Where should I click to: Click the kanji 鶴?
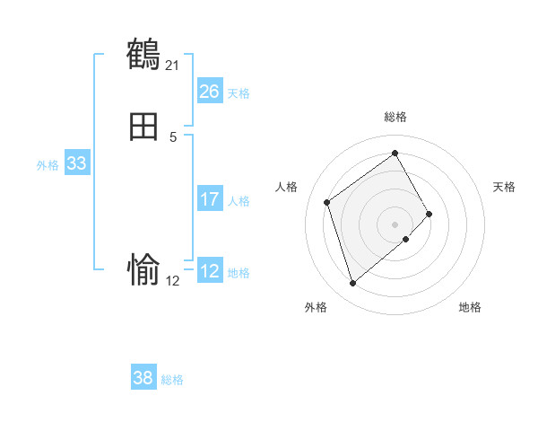click(x=143, y=55)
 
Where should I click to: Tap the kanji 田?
click(x=143, y=127)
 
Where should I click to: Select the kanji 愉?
click(x=143, y=269)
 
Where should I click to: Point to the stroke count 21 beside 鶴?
click(x=172, y=66)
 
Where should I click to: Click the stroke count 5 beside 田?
click(x=173, y=137)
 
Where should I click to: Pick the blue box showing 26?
click(x=209, y=92)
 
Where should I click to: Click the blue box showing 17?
click(x=209, y=199)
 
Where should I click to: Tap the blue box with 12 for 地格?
click(x=209, y=271)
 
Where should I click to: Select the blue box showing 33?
click(x=76, y=163)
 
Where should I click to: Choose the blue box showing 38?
click(x=143, y=378)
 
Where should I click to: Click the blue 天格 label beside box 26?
click(x=239, y=93)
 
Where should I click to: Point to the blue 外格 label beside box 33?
click(x=48, y=165)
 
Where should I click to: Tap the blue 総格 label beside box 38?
click(x=172, y=380)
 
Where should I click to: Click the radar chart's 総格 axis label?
click(x=395, y=117)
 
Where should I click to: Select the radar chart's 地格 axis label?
click(x=470, y=308)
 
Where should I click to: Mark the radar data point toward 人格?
click(x=327, y=202)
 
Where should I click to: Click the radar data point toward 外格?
click(x=352, y=284)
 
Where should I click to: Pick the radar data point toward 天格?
click(x=430, y=214)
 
